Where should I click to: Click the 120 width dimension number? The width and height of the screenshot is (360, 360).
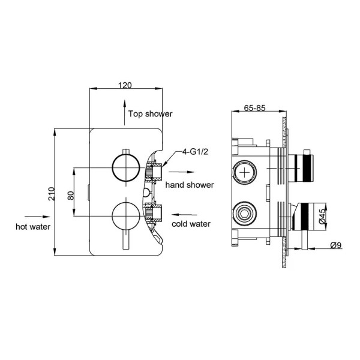[125, 85]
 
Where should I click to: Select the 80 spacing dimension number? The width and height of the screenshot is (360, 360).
[70, 195]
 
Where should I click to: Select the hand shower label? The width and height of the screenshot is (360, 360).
[190, 185]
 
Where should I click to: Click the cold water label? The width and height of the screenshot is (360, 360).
[191, 224]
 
